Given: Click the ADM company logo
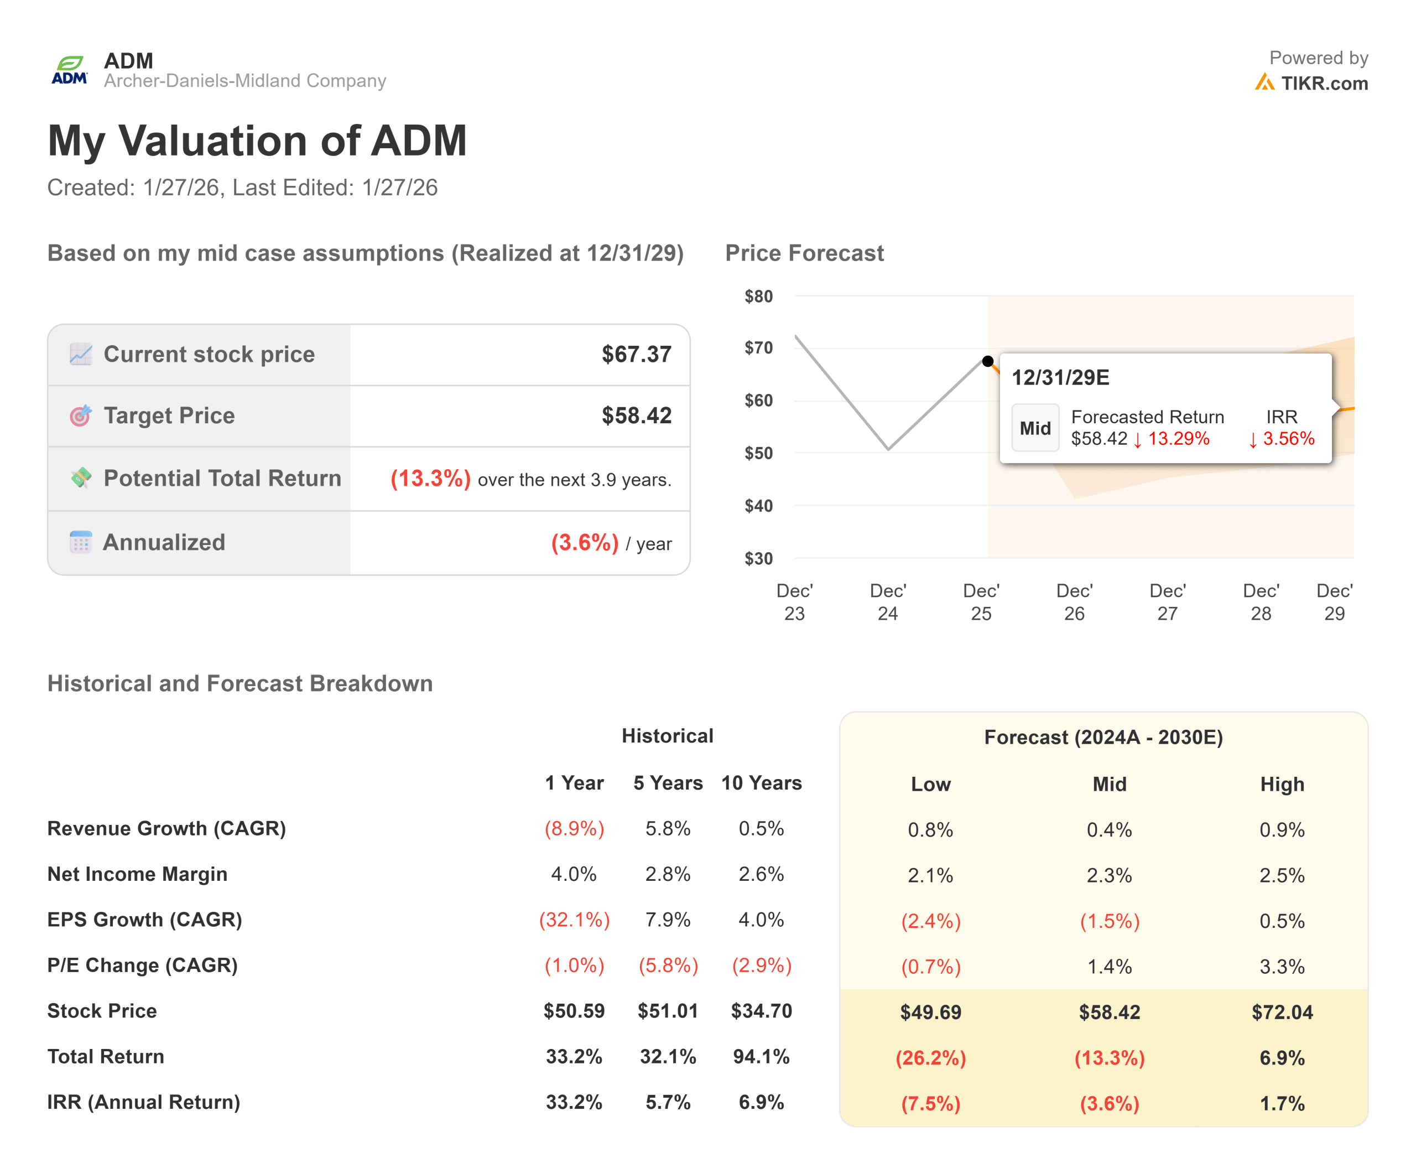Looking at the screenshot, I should point(70,70).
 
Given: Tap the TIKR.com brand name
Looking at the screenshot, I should point(1324,83).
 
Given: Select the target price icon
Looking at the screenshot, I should point(80,416).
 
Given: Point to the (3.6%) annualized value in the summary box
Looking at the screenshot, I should point(584,542).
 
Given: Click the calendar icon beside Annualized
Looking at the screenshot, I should point(80,542).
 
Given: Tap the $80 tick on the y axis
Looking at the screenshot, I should point(758,296).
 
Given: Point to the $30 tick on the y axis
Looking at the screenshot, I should point(758,558).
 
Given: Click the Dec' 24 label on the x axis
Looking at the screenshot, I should point(888,601).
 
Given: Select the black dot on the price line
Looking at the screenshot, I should point(987,361).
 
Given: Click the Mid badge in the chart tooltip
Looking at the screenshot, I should point(1035,428).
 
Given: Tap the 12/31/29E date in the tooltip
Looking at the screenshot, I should point(1060,377).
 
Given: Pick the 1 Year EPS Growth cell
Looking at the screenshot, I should point(574,920).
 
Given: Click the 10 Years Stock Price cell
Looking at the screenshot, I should point(761,1011).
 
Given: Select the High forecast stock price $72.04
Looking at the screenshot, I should point(1282,1013).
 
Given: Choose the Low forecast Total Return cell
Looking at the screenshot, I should point(930,1058).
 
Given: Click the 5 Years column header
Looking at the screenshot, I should point(668,782).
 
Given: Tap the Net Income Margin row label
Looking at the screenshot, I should point(137,874).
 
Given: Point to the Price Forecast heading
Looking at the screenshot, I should point(804,253).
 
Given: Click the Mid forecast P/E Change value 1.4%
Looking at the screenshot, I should point(1108,967).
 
